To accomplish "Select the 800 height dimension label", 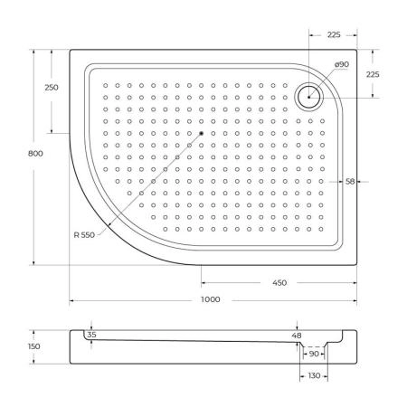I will pos(35,154).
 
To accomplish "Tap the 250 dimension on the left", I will pos(51,87).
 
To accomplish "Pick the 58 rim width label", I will pos(349,182).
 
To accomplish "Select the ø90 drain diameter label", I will pos(316,65).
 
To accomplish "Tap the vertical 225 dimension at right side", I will pos(373,74).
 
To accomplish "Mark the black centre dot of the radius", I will pos(200,134).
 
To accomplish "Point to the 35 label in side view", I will pos(90,336).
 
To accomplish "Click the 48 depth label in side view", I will pos(298,336).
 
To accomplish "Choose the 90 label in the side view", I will pos(313,355).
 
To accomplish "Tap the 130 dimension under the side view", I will pos(313,375).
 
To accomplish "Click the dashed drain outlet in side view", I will pos(313,346).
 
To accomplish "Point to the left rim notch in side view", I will pos(91,328).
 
